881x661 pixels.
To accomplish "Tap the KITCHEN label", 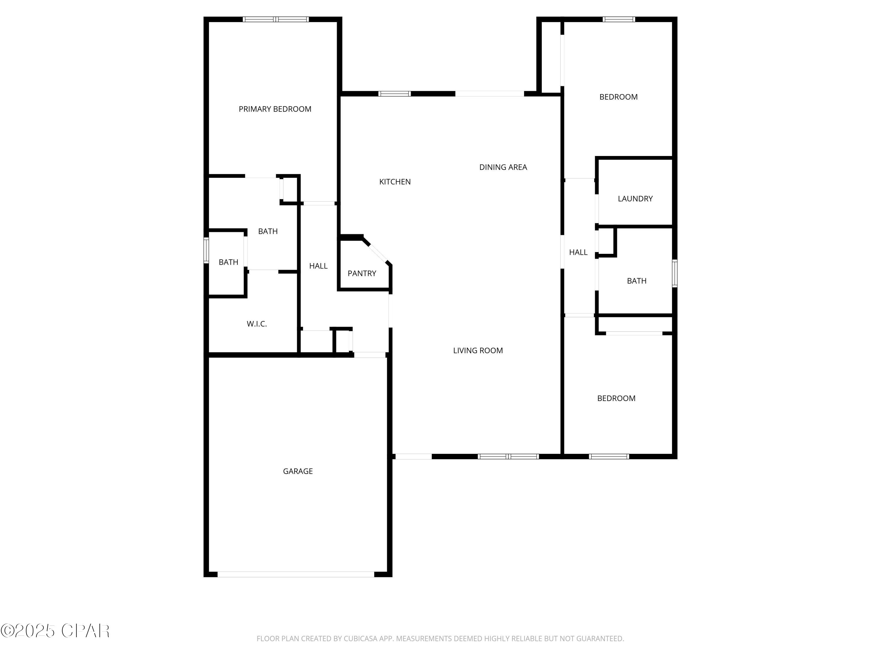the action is (x=395, y=182).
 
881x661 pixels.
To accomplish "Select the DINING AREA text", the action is (x=503, y=167).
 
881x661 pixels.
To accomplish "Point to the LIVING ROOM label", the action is (x=478, y=350).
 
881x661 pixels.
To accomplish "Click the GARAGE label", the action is (x=298, y=471).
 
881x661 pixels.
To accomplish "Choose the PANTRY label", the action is (x=362, y=273).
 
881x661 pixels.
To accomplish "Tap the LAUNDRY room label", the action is (x=635, y=199).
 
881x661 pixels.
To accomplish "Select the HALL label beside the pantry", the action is (x=318, y=266).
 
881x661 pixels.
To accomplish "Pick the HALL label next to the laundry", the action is (x=578, y=252).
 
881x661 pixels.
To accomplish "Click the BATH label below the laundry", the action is (x=636, y=281).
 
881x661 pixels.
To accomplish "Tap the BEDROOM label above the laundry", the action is (x=618, y=97).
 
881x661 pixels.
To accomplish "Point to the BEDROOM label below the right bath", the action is (x=616, y=398).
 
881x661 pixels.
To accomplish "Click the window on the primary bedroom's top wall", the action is (x=276, y=19).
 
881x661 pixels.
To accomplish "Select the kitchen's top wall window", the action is (x=394, y=94).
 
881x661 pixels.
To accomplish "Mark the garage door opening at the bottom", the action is (x=296, y=574).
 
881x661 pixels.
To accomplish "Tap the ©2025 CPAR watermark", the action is (x=55, y=631).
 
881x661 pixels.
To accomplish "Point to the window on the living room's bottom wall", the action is (x=508, y=457).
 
